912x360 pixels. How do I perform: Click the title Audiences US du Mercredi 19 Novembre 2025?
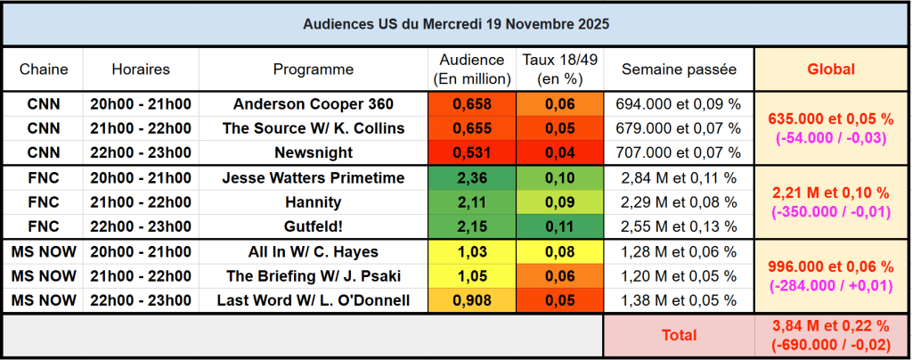point(455,23)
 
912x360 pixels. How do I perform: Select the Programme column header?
point(313,69)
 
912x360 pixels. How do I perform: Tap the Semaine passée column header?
point(679,69)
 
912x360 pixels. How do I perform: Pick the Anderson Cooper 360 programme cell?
point(313,104)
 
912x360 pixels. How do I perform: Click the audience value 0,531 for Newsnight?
point(472,152)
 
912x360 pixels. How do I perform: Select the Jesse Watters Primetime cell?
point(313,178)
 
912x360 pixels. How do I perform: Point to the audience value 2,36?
point(472,178)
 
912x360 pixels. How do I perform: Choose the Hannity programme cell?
point(313,202)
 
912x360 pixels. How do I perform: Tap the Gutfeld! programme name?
point(313,226)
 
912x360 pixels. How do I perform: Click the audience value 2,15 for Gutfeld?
point(472,226)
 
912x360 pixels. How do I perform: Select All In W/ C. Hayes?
point(313,252)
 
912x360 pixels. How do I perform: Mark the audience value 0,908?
point(472,300)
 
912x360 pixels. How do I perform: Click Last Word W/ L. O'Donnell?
point(313,300)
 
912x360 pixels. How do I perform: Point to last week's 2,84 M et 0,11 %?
point(679,178)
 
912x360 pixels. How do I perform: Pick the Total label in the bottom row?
point(679,335)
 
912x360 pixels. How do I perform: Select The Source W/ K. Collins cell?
point(313,128)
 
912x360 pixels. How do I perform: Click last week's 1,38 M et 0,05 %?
point(679,300)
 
